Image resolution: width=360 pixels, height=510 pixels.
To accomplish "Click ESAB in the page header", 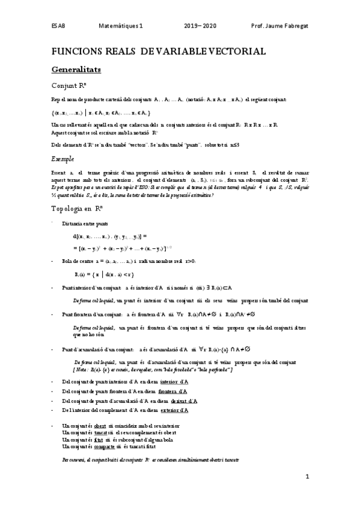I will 58,26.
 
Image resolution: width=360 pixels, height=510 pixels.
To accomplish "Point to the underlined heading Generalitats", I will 76,70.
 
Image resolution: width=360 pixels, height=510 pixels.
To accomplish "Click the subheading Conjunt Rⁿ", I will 72,85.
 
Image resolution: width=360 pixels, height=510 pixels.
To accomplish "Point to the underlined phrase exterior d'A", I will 174,410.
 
